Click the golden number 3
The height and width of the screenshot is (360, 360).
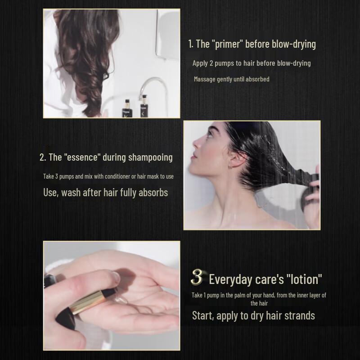click(x=197, y=277)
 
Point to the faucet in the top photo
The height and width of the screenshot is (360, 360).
click(x=151, y=85)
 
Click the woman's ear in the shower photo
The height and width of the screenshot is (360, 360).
click(x=233, y=161)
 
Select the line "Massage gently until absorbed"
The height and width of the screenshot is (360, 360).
click(x=231, y=79)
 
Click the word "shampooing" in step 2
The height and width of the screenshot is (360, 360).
click(x=150, y=157)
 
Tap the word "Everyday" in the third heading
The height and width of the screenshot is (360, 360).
click(x=230, y=279)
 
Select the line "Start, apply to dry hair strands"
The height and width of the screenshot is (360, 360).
click(x=253, y=315)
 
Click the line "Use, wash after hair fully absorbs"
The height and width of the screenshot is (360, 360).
click(x=105, y=193)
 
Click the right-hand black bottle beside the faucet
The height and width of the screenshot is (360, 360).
click(x=144, y=107)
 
